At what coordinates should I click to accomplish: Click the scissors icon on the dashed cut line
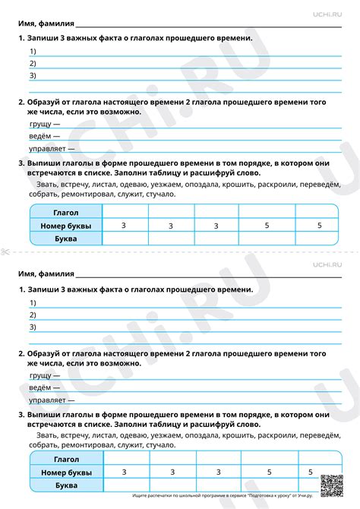click(x=5, y=251)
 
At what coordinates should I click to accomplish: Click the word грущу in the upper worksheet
click(x=43, y=122)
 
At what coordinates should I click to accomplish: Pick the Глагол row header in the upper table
click(x=66, y=213)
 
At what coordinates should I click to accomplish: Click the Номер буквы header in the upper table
click(x=66, y=226)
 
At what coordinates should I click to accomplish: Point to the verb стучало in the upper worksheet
click(x=159, y=194)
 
